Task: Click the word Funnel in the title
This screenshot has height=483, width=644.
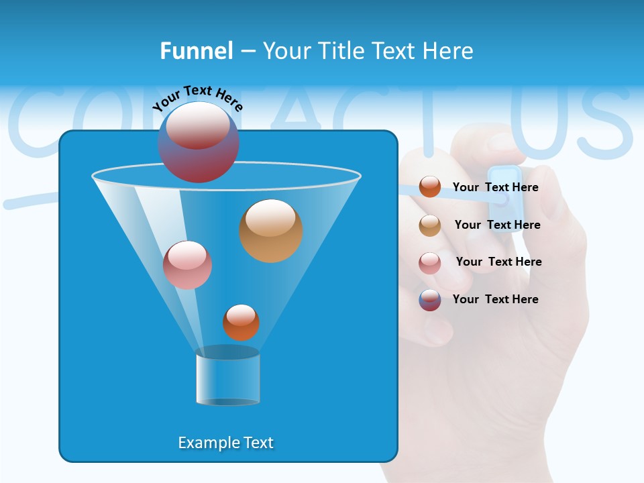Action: coord(196,51)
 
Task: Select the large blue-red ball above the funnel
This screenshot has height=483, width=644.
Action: coord(199,142)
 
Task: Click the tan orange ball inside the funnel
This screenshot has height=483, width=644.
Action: coord(271,231)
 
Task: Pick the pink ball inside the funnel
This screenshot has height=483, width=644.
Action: coord(187,265)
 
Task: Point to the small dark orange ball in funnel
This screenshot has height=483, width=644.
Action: coord(241,322)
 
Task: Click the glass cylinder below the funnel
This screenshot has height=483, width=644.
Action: coord(228,377)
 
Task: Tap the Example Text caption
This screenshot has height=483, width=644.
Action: coord(226,443)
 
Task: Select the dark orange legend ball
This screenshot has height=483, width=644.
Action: coord(430,187)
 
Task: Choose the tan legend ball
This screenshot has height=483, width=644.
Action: coord(430,225)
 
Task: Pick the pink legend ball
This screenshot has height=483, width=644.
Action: coord(430,262)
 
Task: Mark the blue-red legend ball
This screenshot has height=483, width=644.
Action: coord(430,300)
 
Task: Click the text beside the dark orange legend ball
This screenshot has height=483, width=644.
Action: coord(496,188)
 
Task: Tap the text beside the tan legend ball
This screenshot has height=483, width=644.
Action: coord(497,225)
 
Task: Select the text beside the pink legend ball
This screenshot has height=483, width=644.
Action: coord(498,262)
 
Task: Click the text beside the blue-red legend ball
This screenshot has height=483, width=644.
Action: coord(496,300)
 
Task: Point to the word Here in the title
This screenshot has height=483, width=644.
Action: coord(449,51)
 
